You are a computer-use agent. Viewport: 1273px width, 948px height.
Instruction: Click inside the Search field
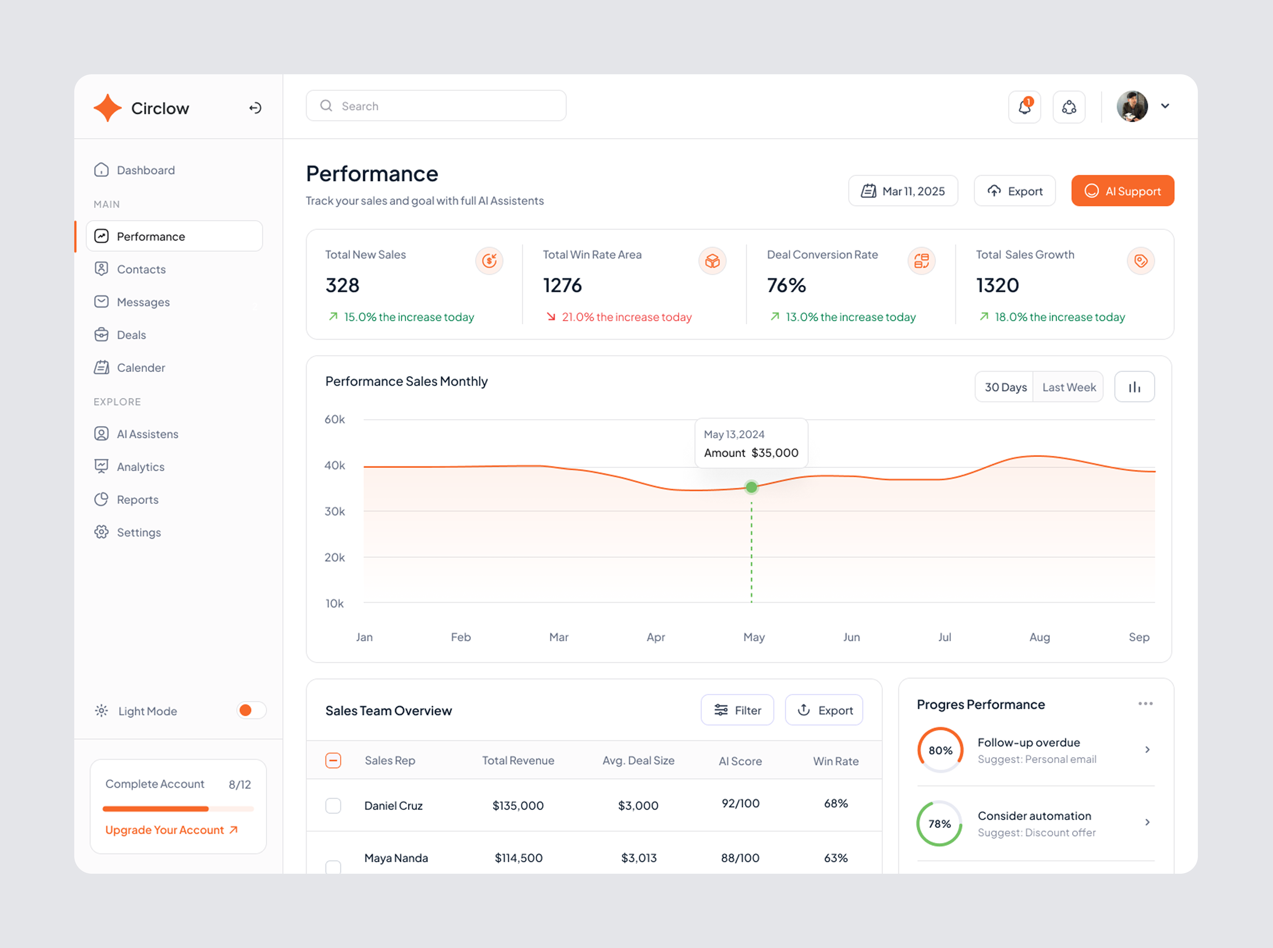(436, 106)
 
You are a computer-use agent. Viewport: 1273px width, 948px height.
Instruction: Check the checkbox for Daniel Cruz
(333, 805)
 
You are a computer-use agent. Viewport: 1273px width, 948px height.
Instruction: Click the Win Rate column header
(835, 761)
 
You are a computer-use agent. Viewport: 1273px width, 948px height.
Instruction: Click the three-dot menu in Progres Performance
(1145, 704)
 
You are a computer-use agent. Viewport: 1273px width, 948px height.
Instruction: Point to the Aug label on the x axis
(1039, 637)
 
